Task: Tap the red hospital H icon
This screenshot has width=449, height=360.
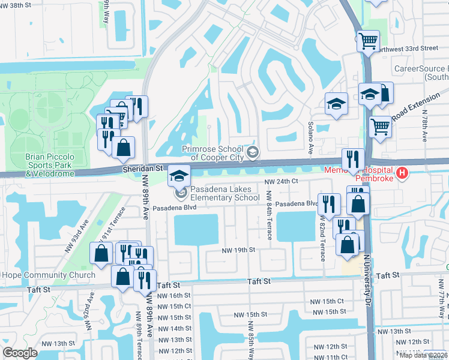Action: coord(403,174)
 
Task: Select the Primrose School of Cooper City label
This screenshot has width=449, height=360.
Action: coord(213,153)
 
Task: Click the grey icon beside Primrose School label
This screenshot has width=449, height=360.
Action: coord(253,152)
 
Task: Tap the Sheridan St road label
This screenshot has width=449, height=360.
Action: coord(143,170)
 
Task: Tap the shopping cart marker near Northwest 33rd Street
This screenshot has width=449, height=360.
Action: coord(368,41)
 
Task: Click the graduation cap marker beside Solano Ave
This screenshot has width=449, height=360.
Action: coord(337,103)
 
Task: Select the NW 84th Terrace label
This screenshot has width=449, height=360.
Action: coord(269,215)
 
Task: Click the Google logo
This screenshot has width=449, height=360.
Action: coord(20,353)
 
